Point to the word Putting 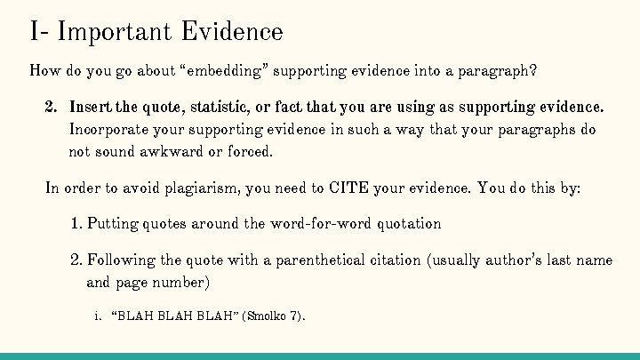(x=113, y=223)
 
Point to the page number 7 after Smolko (x=293, y=316)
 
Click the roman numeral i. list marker (x=97, y=316)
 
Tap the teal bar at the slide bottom (x=320, y=356)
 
